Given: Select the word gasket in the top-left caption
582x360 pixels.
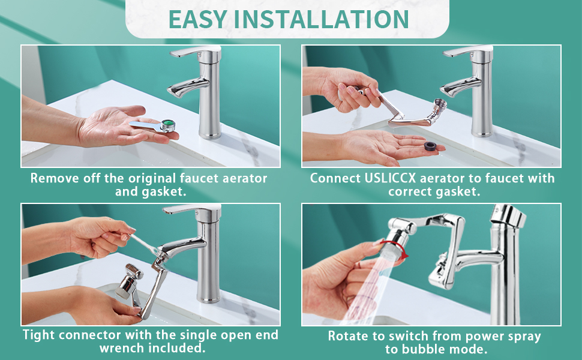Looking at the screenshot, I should click(x=140, y=192).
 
